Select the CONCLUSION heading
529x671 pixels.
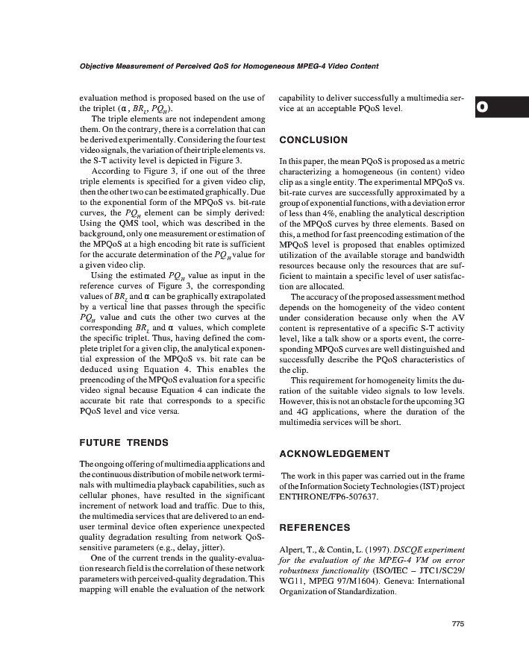pos(313,140)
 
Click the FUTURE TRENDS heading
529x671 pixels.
pos(124,442)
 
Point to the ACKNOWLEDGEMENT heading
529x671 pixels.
pos(334,453)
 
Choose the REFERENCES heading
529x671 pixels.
pos(314,528)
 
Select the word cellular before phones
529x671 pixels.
pos(98,495)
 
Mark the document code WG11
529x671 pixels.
pos(290,579)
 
